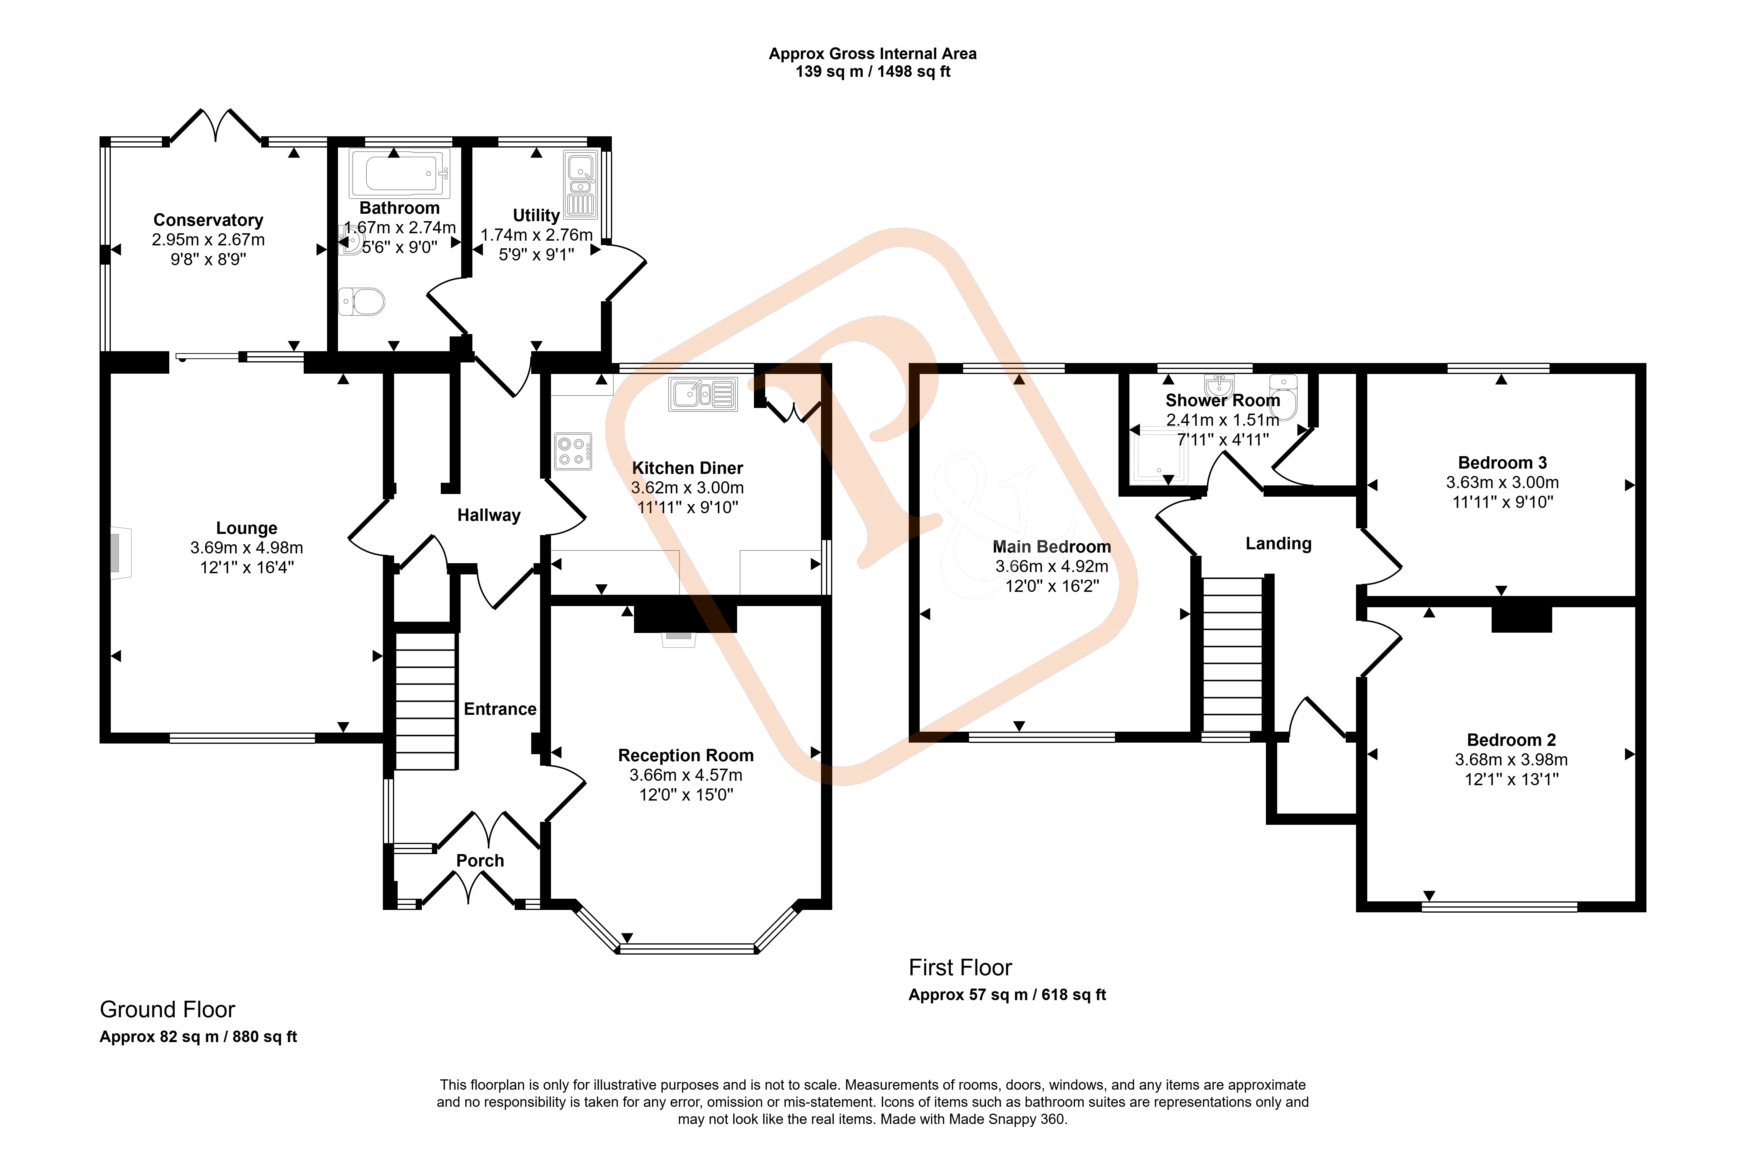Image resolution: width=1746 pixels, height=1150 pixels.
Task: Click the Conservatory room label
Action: [x=208, y=220]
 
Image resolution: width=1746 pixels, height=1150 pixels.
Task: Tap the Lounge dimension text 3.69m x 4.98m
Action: [x=246, y=548]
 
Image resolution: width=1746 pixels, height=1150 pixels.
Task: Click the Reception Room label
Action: [x=686, y=755]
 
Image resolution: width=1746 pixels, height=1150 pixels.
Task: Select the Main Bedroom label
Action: [x=1052, y=547]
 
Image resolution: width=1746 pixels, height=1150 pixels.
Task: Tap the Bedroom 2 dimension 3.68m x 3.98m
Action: [x=1511, y=759]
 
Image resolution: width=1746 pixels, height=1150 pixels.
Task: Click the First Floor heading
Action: [x=960, y=967]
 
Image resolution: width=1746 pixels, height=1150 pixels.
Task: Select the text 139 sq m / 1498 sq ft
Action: [x=873, y=72]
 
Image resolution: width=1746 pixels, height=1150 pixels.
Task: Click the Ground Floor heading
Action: [x=167, y=1010]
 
